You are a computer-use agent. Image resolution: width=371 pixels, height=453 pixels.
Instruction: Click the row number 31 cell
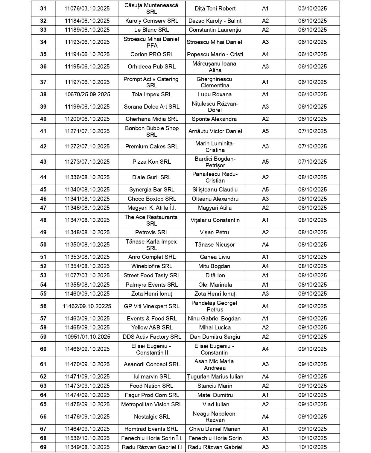point(43,9)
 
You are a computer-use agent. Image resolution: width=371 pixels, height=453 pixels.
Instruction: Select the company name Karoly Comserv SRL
point(152,21)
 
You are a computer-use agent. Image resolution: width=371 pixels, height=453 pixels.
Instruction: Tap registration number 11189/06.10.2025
point(87,30)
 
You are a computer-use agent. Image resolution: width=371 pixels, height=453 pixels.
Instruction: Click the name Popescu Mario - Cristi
point(215,54)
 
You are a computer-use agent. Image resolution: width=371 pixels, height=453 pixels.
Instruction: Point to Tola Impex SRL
point(152,95)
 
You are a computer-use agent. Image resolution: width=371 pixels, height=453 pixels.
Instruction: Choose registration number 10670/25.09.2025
point(87,95)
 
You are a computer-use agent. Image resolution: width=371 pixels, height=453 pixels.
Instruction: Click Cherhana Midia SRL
point(152,119)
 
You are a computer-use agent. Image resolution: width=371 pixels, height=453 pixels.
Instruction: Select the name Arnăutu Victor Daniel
point(215,131)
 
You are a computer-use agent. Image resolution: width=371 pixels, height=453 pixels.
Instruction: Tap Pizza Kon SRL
point(152,162)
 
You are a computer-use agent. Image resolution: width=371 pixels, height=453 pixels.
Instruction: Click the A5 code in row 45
point(265,190)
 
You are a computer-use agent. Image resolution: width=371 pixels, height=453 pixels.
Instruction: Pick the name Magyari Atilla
point(215,208)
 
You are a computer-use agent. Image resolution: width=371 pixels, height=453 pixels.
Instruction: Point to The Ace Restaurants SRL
point(152,220)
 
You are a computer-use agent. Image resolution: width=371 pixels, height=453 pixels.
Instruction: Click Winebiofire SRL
point(152,266)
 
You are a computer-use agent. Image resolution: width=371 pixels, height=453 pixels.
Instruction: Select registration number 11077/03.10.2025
point(87,276)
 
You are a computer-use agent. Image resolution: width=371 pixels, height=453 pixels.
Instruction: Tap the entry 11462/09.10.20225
point(87,306)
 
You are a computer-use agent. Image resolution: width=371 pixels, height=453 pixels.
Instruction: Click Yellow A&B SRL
point(152,328)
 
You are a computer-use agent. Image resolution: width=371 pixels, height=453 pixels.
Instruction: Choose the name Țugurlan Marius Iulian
point(215,377)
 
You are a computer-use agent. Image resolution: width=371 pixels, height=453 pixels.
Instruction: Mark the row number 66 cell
point(43,417)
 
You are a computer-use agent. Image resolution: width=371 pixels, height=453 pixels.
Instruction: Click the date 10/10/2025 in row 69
point(312,447)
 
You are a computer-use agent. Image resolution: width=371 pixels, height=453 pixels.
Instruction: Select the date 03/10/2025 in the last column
point(312,9)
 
